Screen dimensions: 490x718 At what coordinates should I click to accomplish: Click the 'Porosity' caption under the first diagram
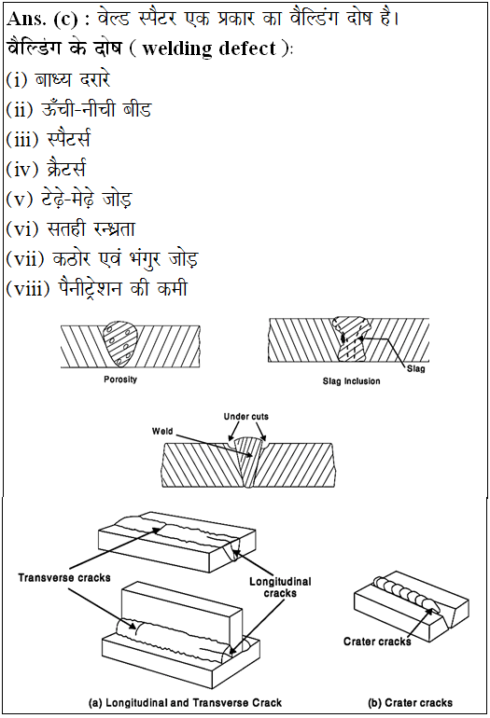pyautogui.click(x=120, y=380)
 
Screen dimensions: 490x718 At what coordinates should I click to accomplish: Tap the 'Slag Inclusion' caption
pyautogui.click(x=351, y=381)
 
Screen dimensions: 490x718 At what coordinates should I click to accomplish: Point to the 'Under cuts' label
pyautogui.click(x=246, y=416)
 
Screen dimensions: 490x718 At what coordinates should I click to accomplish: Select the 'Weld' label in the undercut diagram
pyautogui.click(x=162, y=431)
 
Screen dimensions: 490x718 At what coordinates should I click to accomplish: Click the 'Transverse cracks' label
pyautogui.click(x=64, y=577)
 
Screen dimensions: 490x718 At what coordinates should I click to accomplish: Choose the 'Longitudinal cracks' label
pyautogui.click(x=280, y=587)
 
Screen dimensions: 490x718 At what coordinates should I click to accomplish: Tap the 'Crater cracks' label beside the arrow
pyautogui.click(x=377, y=642)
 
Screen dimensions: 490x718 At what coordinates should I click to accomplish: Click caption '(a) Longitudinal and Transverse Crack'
pyautogui.click(x=185, y=702)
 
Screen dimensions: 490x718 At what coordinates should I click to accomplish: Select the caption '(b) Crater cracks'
pyautogui.click(x=410, y=702)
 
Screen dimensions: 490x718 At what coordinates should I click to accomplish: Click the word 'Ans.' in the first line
pyautogui.click(x=26, y=19)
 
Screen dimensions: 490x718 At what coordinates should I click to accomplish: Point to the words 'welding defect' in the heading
pyautogui.click(x=209, y=48)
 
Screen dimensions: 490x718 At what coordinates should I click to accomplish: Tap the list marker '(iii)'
pyautogui.click(x=22, y=139)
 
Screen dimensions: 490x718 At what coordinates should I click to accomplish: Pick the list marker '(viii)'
pyautogui.click(x=27, y=288)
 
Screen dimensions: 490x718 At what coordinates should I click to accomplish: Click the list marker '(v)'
pyautogui.click(x=20, y=199)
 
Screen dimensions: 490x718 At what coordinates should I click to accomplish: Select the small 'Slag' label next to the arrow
pyautogui.click(x=415, y=368)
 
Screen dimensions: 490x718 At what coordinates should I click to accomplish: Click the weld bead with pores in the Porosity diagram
pyautogui.click(x=120, y=344)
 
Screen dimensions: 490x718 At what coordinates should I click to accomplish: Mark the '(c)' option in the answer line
pyautogui.click(x=65, y=20)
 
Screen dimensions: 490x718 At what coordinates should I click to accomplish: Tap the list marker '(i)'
pyautogui.click(x=17, y=79)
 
